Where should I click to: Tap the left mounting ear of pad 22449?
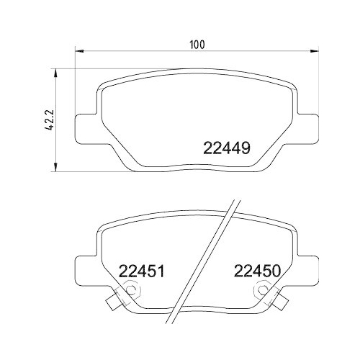(86, 128)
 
